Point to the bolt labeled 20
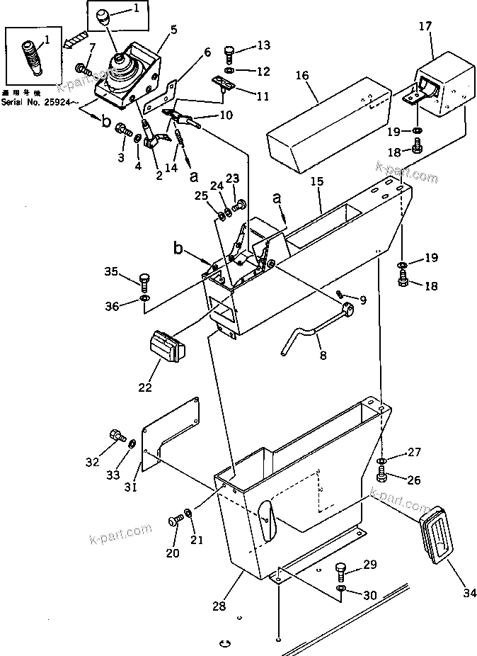(174, 522)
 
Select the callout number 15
(318, 183)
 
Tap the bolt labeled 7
(83, 69)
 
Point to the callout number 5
(174, 30)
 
